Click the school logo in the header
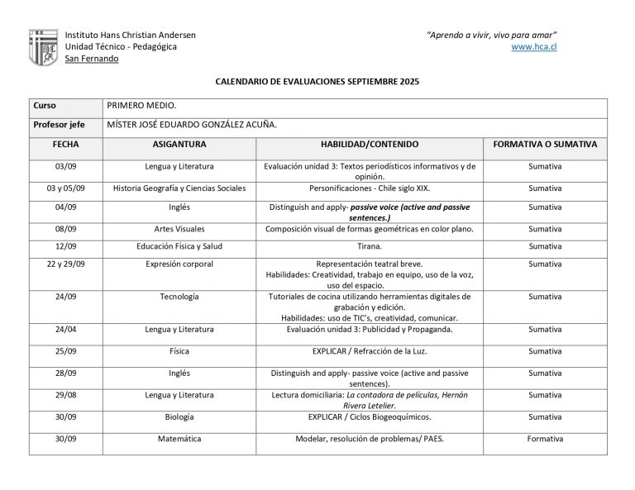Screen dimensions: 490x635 coord(43,47)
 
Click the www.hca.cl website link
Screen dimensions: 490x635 coord(534,46)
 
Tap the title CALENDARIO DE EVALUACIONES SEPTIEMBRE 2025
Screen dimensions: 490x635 coord(317,83)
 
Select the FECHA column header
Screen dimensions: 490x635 coord(65,144)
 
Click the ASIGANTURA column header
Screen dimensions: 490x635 coord(179,144)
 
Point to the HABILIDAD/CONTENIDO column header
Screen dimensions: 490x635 coord(370,144)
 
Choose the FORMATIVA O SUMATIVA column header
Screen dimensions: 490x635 coord(544,144)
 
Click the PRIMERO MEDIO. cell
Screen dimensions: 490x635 coord(142,106)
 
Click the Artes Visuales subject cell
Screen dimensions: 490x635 coord(179,228)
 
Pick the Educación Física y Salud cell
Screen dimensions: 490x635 coord(179,246)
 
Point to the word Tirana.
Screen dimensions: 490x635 coord(370,246)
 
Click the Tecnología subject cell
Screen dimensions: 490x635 coord(179,296)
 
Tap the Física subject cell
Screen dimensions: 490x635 coord(179,350)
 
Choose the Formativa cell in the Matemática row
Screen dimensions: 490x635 coord(544,439)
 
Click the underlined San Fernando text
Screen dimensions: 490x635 coord(91,59)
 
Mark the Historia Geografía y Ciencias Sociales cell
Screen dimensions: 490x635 coord(179,188)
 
